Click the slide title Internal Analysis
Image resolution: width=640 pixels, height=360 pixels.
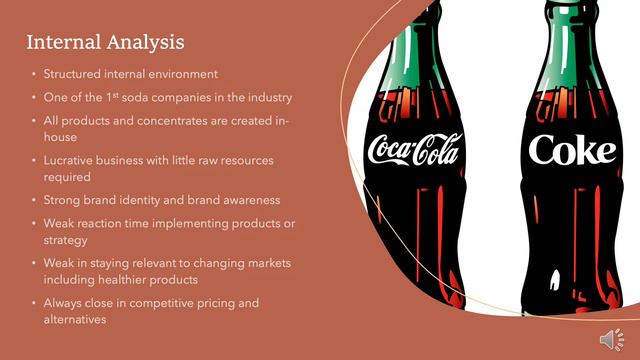click(x=105, y=42)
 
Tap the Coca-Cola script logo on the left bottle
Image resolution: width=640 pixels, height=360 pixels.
click(x=413, y=150)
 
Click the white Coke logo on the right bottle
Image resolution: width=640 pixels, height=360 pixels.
click(x=572, y=150)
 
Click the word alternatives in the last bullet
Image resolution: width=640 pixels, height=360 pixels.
click(x=75, y=319)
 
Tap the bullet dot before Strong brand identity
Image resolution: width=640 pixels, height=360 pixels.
click(x=33, y=200)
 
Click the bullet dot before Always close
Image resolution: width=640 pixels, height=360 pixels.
click(x=33, y=302)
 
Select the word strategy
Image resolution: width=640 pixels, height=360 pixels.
click(x=66, y=240)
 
